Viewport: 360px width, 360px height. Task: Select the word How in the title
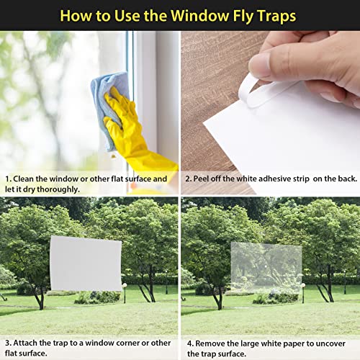tap(79, 14)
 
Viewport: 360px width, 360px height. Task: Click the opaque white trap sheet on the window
tap(86, 262)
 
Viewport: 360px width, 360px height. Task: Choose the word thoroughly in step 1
tap(59, 189)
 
